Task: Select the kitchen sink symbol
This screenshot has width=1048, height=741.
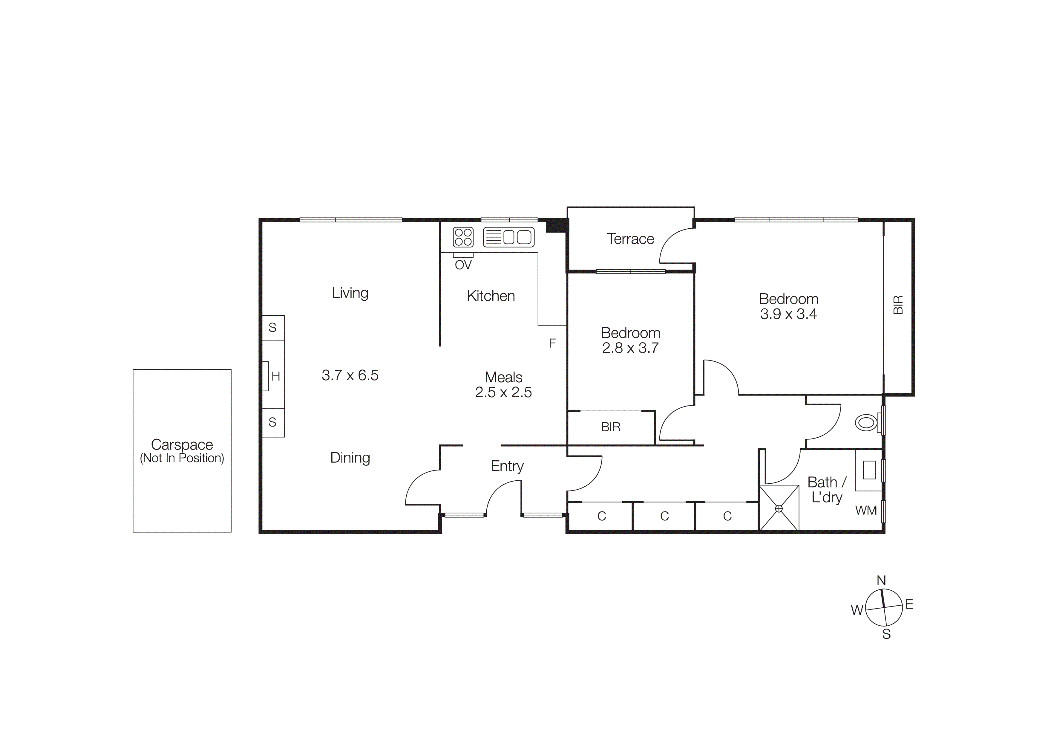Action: [x=508, y=237]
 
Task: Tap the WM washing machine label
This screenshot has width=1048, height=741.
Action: [x=865, y=511]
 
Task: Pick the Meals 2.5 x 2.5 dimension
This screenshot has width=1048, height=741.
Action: [x=503, y=392]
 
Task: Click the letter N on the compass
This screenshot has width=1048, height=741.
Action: [x=881, y=581]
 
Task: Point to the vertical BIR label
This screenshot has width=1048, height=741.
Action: [x=898, y=305]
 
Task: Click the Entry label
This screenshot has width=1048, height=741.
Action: [x=507, y=466]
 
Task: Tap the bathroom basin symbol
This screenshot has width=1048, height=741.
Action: [x=869, y=470]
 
